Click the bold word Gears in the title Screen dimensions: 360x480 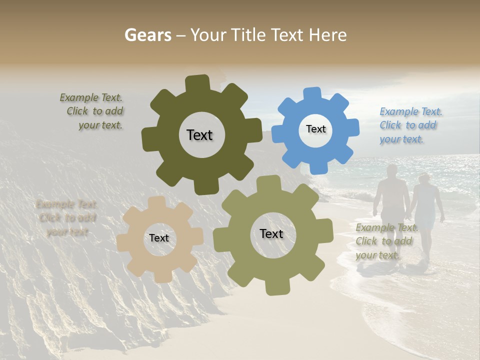(147, 35)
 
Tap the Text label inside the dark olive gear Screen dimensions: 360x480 (199, 135)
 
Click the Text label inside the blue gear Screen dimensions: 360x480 (315, 129)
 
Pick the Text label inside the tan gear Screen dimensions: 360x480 (159, 238)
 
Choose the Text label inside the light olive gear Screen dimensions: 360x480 (271, 233)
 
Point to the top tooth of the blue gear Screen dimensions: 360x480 (312, 94)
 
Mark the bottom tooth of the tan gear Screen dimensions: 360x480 (161, 276)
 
